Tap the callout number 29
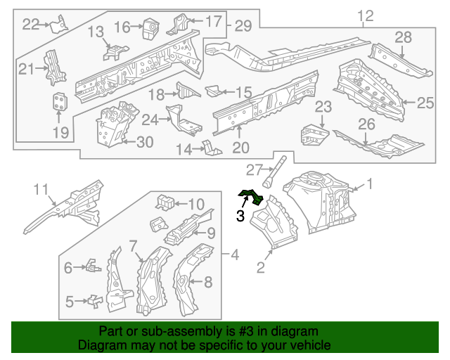[x=243, y=26]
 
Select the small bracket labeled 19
[x=60, y=102]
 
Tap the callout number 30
[x=144, y=142]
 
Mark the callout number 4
[x=236, y=254]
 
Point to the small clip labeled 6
[x=91, y=266]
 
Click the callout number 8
[x=207, y=283]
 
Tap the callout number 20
[x=240, y=148]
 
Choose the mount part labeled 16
[x=149, y=28]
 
